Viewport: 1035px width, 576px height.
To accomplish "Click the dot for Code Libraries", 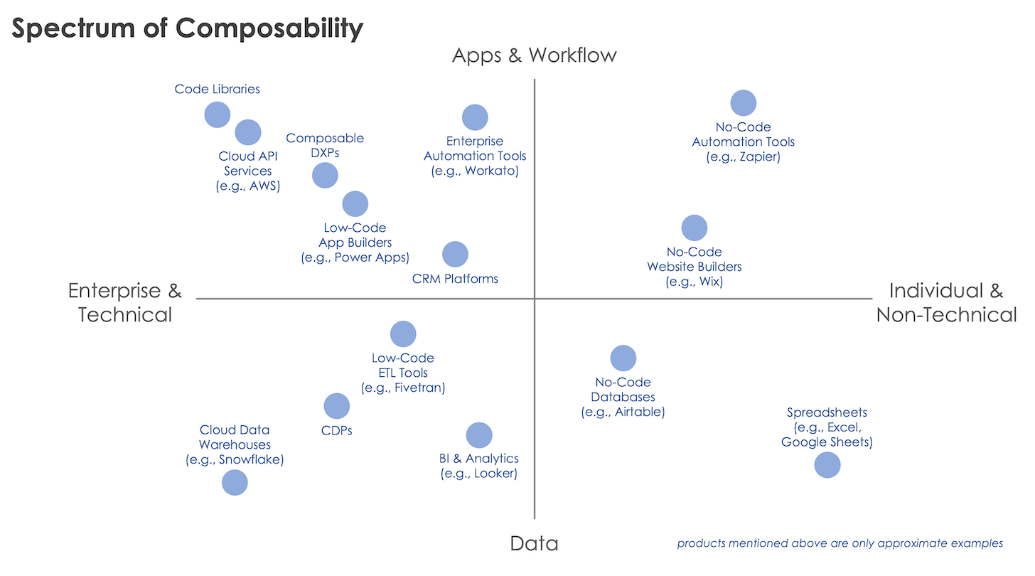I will (x=218, y=114).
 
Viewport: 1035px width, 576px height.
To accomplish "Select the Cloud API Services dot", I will (x=248, y=132).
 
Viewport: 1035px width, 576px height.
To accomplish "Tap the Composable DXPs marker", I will (x=325, y=175).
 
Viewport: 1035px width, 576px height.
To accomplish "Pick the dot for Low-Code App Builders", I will (x=355, y=204).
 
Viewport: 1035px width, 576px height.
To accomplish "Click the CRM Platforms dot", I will (x=455, y=254).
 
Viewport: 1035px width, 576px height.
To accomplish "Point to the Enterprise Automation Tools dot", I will (x=475, y=117).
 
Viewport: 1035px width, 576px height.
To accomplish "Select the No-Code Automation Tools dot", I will (x=744, y=103).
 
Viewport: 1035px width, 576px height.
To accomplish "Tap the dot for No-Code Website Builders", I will (x=695, y=228).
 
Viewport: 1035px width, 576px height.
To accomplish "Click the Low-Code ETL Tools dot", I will (x=403, y=334).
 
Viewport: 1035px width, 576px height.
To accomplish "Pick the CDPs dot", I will (x=337, y=406).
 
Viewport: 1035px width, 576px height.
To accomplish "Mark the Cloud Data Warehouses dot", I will (x=235, y=483).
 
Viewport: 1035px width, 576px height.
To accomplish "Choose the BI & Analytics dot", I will (x=479, y=435).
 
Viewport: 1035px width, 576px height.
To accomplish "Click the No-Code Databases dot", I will (x=623, y=358).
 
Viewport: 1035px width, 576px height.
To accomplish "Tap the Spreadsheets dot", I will (x=827, y=465).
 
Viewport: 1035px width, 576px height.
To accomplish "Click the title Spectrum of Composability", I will (x=188, y=28).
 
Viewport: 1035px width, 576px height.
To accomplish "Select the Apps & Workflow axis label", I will (x=534, y=55).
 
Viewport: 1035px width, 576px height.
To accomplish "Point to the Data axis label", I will (x=534, y=544).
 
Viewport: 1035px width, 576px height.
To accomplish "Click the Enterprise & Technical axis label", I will (x=125, y=302).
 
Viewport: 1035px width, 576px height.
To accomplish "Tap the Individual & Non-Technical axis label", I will (x=946, y=302).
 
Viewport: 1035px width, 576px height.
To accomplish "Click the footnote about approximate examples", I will (x=840, y=543).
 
